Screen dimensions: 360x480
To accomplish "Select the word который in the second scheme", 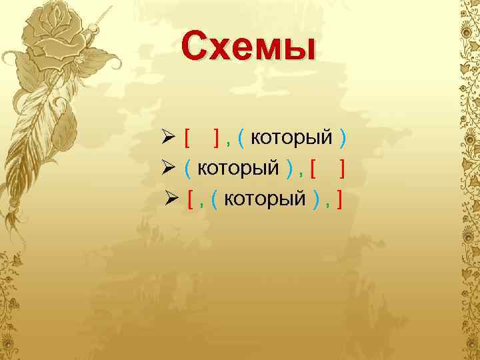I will (x=238, y=168).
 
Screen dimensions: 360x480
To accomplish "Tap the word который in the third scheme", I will (x=265, y=198).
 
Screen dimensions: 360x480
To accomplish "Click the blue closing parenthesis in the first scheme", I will (x=342, y=139).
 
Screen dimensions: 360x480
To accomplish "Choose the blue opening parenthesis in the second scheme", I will (x=188, y=169).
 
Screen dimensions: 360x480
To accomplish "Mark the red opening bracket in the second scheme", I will (x=313, y=169).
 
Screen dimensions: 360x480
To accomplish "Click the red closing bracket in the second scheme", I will (x=342, y=169).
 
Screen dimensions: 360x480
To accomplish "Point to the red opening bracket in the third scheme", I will (x=191, y=199).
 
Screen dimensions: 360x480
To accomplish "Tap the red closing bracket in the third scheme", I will (x=339, y=199).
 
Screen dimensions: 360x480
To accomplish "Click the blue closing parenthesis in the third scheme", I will (x=315, y=199).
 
